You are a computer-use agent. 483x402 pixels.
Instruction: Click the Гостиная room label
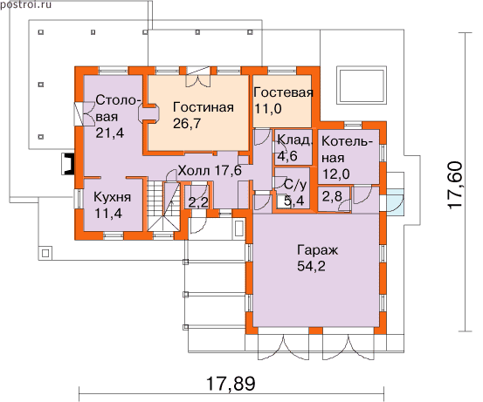coord(204,107)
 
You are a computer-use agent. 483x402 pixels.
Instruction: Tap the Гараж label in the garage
coord(318,250)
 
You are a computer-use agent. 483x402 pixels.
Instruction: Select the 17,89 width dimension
coord(231,384)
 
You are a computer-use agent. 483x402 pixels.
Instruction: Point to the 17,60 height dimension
coord(455,186)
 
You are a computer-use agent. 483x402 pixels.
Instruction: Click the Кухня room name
coord(112,197)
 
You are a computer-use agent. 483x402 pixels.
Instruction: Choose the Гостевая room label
coord(283,92)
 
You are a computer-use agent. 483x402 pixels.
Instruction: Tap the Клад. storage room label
coord(295,140)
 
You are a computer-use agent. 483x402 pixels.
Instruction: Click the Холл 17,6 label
coord(210,170)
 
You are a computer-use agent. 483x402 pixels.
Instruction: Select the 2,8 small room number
coord(332,196)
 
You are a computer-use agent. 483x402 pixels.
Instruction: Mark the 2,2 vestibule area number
coord(198,203)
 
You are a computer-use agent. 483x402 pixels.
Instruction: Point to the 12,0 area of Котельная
coord(336,174)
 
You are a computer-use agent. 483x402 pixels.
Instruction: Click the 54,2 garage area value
coord(311,266)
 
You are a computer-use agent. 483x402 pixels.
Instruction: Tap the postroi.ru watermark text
coord(26,4)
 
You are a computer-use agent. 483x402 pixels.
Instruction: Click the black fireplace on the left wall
coord(68,164)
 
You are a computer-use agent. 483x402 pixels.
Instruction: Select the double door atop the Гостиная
coord(198,77)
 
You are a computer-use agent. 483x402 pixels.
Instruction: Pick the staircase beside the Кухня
coord(163,206)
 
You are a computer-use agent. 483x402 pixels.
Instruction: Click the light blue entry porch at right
coord(396,201)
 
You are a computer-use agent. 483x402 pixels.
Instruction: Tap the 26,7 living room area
coord(187,123)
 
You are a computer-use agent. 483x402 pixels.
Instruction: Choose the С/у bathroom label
coord(295,185)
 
